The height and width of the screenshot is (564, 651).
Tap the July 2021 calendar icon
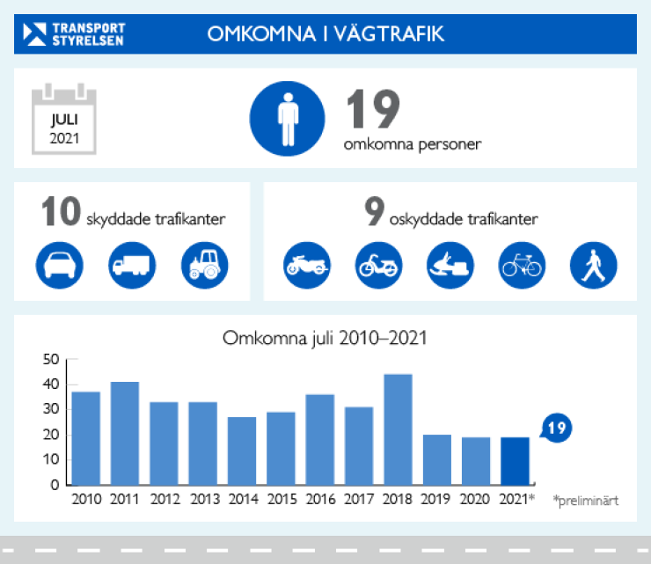click(63, 120)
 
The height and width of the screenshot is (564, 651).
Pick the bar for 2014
click(242, 450)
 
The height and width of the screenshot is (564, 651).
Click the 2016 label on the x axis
click(320, 500)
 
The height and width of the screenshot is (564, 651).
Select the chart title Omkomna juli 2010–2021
click(325, 338)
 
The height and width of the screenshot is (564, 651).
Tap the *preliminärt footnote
click(586, 500)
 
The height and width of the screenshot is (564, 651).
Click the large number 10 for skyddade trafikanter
click(62, 213)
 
